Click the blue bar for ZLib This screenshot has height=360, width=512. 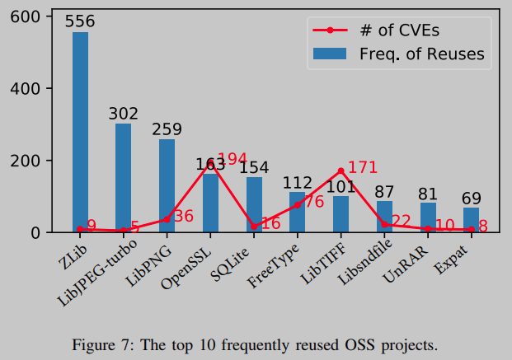click(x=80, y=132)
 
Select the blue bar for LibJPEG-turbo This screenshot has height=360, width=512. click(x=124, y=178)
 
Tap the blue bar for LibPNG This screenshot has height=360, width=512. click(x=167, y=185)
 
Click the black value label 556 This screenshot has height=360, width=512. click(x=80, y=22)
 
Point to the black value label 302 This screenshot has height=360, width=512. click(x=124, y=114)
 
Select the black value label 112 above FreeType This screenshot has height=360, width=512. click(x=297, y=182)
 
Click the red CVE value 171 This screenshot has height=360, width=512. click(x=363, y=167)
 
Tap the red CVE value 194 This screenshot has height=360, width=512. click(x=232, y=159)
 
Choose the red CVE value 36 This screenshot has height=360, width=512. click(x=183, y=217)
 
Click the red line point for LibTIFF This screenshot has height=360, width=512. click(x=341, y=171)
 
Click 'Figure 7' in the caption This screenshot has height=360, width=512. click(x=101, y=342)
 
